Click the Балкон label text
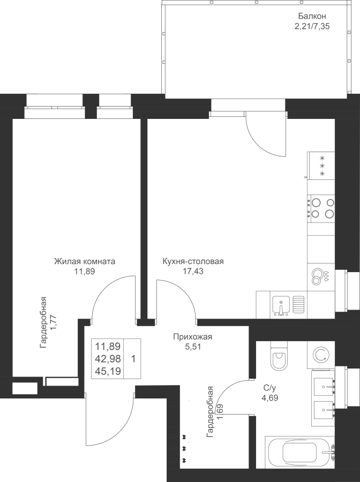point(312,16)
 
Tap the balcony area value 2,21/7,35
point(312,26)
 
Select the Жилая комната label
point(85,261)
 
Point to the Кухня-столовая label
point(193,261)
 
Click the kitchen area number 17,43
point(193,271)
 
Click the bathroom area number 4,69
point(269,398)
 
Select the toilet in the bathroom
point(280,356)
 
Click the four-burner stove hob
point(322,208)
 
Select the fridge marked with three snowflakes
point(322,165)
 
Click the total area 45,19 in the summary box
point(108,372)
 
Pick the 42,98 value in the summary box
point(108,359)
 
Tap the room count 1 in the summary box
point(133,359)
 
